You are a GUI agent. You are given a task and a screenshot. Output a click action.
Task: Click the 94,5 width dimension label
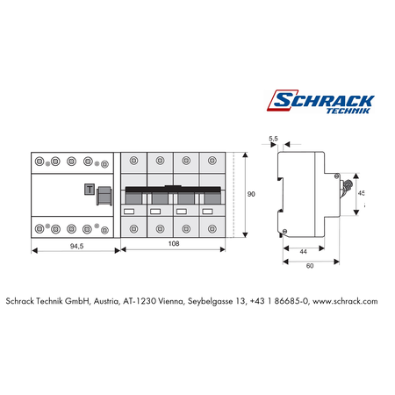coord(76,246)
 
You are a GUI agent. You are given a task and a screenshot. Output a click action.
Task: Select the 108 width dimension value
coord(174,243)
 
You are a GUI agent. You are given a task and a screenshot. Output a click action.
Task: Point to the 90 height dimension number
coord(251,194)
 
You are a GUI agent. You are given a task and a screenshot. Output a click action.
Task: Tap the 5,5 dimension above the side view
coord(273,139)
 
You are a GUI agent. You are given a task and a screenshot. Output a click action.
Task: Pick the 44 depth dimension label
coord(303,252)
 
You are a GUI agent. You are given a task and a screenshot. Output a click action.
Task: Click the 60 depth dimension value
coord(310,266)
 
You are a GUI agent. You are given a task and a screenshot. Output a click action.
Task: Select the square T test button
coord(90,190)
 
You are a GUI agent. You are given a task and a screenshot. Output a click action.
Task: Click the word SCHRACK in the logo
coord(324,100)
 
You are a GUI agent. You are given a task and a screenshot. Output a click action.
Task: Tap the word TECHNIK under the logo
coord(348,111)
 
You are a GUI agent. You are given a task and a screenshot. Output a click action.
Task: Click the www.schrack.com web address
coord(345,301)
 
